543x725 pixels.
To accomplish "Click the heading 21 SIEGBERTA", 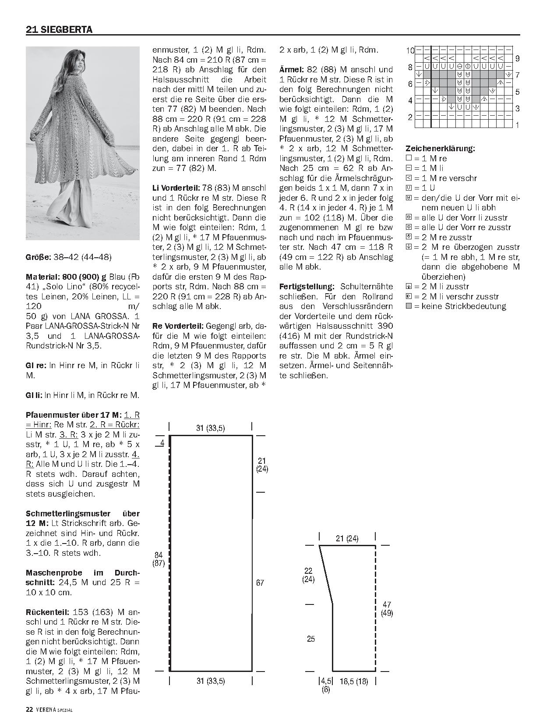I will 59,30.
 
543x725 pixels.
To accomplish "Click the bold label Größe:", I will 39,257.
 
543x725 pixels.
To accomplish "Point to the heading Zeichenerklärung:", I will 440,149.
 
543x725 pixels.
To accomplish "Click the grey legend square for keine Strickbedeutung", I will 409,306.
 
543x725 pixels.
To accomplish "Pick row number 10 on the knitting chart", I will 410,50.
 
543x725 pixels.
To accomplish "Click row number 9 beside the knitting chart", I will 517,59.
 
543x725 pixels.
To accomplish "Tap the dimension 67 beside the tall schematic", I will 260,583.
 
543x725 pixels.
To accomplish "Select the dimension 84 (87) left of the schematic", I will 159,559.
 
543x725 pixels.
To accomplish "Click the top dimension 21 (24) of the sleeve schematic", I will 347,539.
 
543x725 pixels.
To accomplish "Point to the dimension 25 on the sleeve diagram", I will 311,639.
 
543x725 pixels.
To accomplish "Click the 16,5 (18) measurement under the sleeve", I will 354,681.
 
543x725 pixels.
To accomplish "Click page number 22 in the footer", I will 30,710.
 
